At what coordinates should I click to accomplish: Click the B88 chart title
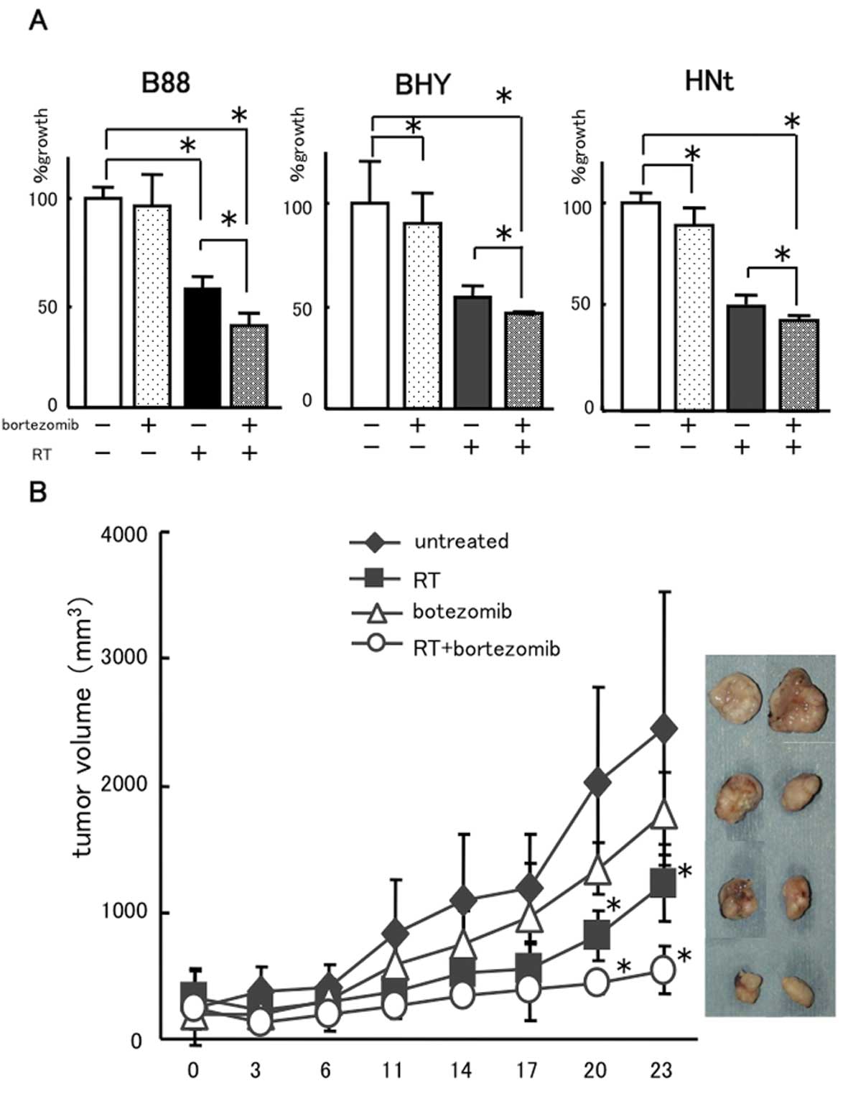click(166, 83)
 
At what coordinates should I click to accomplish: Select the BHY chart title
click(424, 85)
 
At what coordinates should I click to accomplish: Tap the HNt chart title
click(709, 81)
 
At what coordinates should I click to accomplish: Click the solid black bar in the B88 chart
click(202, 347)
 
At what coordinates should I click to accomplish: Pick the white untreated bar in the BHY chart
click(370, 306)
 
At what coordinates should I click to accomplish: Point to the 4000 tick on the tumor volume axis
click(129, 534)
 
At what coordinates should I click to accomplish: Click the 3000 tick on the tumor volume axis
click(129, 659)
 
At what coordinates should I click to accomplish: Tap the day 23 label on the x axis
click(661, 1071)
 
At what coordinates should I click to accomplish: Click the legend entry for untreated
click(461, 541)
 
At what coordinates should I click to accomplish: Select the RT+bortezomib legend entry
click(486, 649)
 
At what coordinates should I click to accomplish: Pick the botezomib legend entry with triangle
click(462, 613)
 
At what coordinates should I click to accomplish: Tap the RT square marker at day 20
click(597, 935)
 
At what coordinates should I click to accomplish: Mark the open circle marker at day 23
click(663, 970)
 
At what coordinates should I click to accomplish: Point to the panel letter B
click(37, 493)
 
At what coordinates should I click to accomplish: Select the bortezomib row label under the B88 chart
click(39, 425)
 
